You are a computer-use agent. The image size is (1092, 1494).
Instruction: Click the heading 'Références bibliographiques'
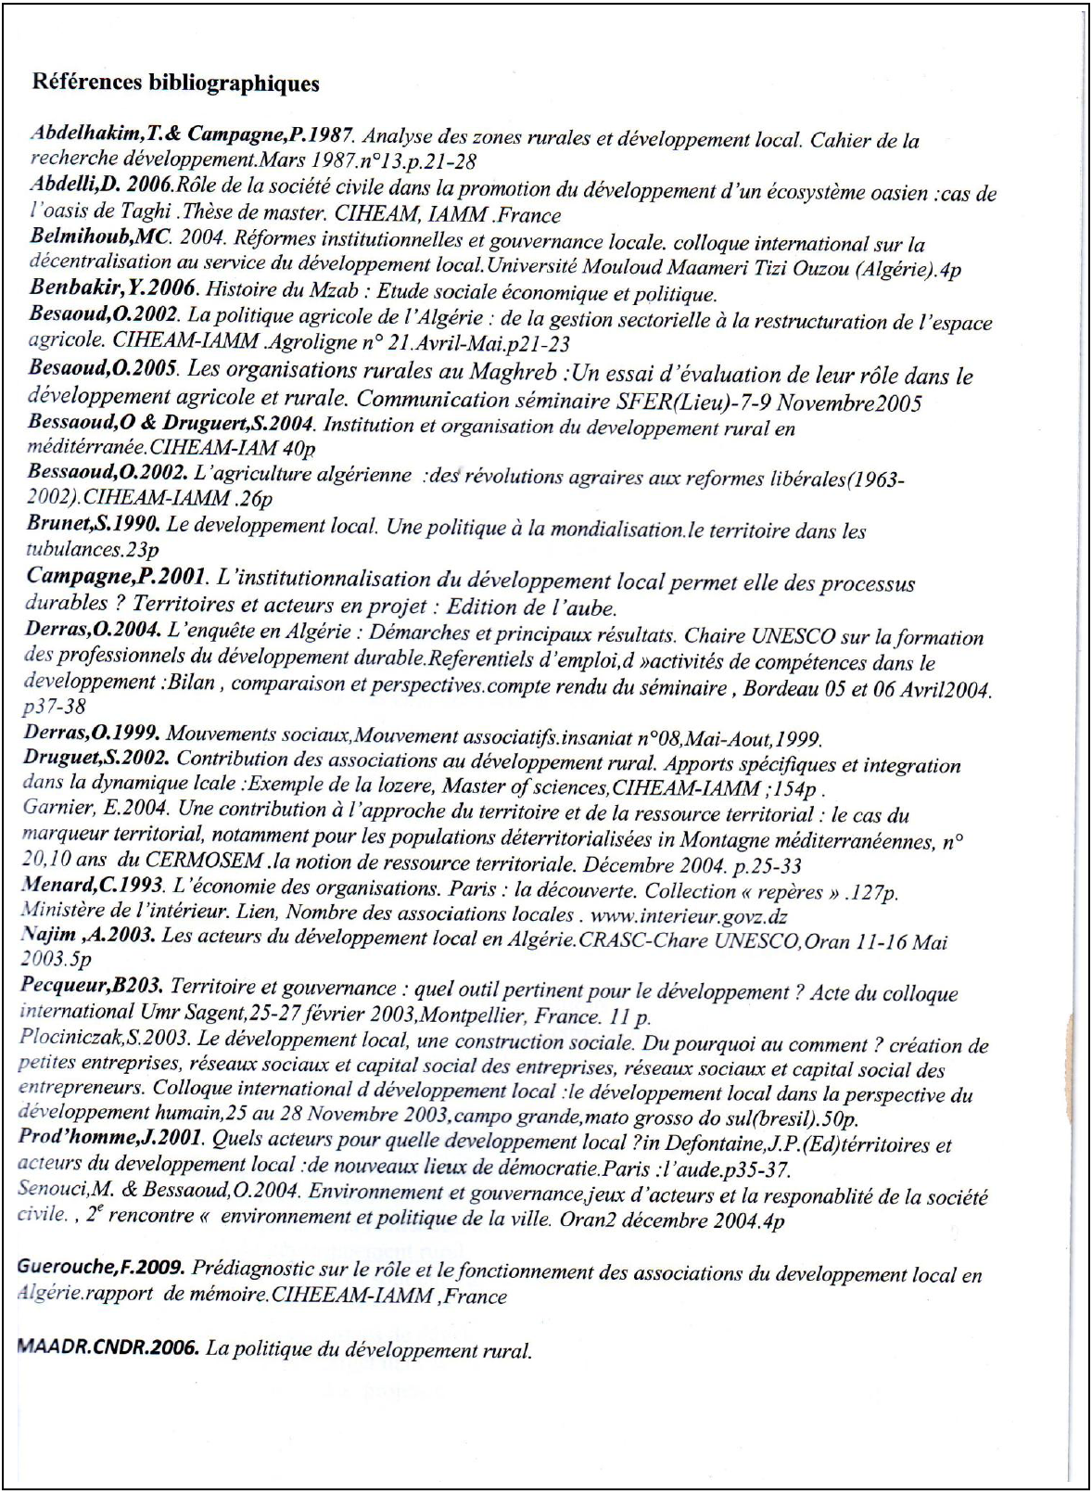tap(175, 83)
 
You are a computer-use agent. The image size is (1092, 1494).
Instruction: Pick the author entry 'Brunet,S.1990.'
tap(94, 523)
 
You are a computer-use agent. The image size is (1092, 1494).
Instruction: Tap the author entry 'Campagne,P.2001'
tap(116, 576)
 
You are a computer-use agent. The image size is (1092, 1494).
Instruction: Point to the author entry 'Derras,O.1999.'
tap(93, 737)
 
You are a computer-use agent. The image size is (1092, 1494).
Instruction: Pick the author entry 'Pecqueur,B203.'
tap(92, 985)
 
